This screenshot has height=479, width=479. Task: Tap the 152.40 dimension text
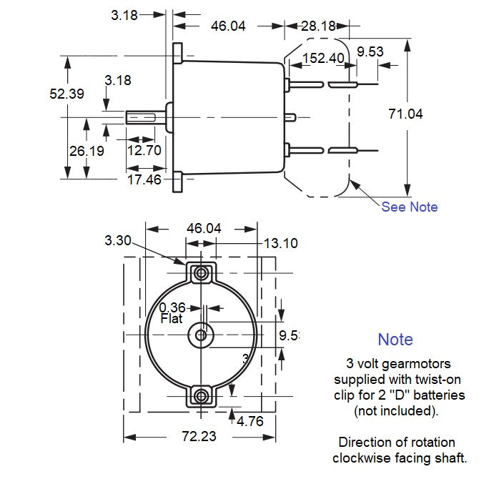coord(322,58)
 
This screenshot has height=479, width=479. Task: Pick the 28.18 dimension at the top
coord(317,26)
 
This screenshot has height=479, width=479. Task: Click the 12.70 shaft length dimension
coord(144,150)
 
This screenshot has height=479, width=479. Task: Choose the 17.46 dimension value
coord(144,179)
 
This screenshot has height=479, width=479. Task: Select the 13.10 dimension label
coord(281,244)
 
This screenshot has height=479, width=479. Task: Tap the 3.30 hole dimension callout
coord(119,241)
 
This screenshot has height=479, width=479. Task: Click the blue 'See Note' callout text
coord(409,207)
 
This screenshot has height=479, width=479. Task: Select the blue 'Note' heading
coord(395,340)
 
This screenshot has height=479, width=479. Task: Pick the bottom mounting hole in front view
coord(202,395)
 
